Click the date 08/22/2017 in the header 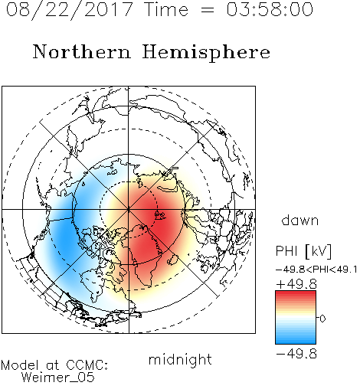(70, 10)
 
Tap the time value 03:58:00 (270, 9)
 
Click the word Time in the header (166, 9)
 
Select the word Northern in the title (82, 51)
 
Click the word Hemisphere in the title (206, 53)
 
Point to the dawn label (300, 220)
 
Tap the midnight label (180, 360)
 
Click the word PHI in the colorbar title (286, 251)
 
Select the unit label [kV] (319, 251)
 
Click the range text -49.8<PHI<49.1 (316, 270)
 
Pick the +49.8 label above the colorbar (296, 284)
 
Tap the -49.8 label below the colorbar (296, 354)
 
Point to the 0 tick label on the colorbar (322, 319)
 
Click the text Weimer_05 (57, 378)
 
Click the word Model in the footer (20, 365)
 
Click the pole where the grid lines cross (129, 210)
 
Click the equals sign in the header (208, 10)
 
